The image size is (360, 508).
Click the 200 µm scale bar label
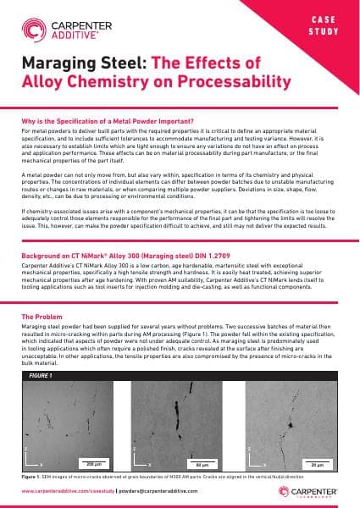pyautogui.click(x=94, y=464)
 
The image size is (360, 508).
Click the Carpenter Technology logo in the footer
pyautogui.click(x=315, y=491)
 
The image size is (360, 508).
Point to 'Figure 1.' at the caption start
pyautogui.click(x=31, y=478)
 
